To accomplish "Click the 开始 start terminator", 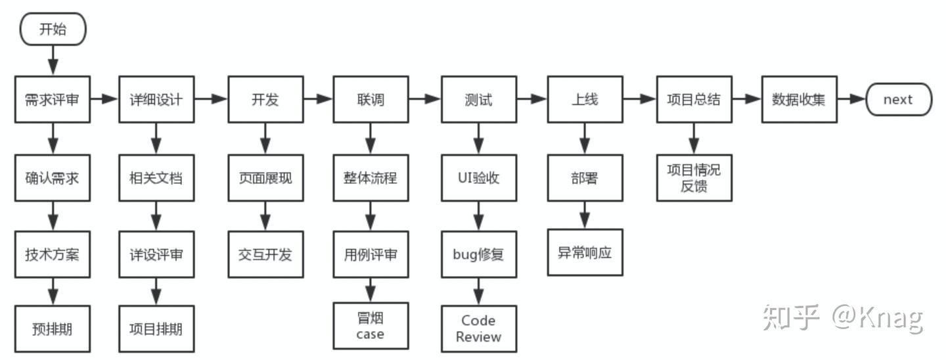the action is click(x=53, y=29).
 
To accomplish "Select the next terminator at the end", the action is click(x=899, y=99).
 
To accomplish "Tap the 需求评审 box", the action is click(x=53, y=99).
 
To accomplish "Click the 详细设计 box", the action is click(x=156, y=99).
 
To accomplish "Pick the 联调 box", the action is click(x=371, y=99).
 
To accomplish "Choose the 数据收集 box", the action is click(x=799, y=99).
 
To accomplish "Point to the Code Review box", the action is click(x=478, y=328).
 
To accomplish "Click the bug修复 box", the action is click(x=478, y=254).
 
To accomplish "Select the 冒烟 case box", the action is click(x=371, y=325).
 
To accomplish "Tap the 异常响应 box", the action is click(x=585, y=252).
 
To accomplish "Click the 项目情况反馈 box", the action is click(x=694, y=177).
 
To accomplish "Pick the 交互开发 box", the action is click(x=265, y=254).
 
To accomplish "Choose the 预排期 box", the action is click(x=53, y=328).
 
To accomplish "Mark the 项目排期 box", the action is click(x=156, y=328).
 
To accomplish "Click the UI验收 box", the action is click(x=478, y=177).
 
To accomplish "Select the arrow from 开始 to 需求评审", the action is click(x=53, y=60).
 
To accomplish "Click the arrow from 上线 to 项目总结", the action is click(x=640, y=99).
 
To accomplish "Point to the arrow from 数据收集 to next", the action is click(x=852, y=99).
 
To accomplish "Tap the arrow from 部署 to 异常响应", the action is click(x=585, y=215).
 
